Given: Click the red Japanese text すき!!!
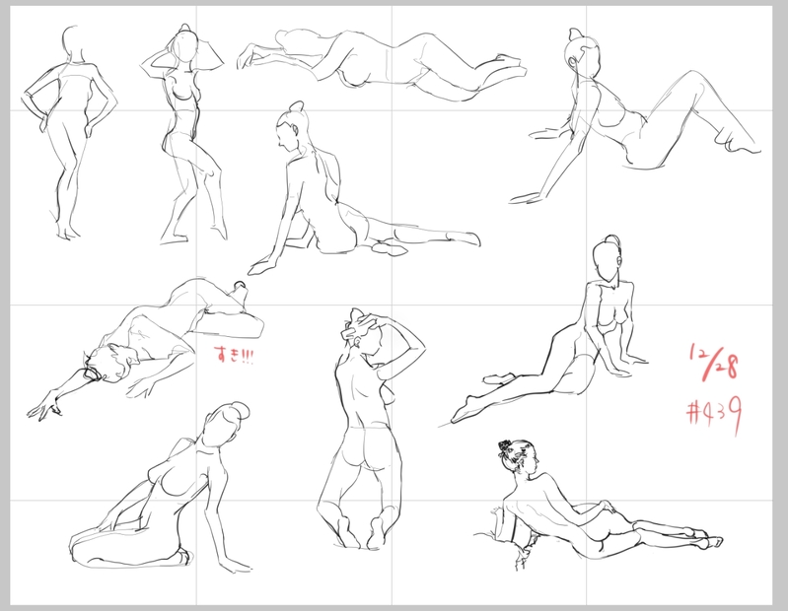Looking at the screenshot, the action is (234, 356).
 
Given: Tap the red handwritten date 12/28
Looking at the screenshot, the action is (714, 362).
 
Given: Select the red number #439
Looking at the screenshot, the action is (715, 413).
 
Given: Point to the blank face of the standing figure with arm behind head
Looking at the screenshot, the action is (184, 48).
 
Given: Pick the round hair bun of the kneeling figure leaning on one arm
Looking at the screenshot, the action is (241, 411).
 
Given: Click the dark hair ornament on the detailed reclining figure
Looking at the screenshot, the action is (505, 447).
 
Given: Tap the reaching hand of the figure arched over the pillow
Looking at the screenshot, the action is (44, 408).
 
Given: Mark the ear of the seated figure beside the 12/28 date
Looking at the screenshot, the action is (618, 261).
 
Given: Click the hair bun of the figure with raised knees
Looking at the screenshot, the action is (574, 34).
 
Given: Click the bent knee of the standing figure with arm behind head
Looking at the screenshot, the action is (211, 173).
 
